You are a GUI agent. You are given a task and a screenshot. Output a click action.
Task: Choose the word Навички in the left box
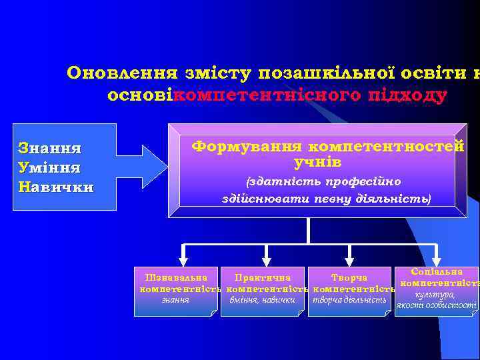tap(56, 186)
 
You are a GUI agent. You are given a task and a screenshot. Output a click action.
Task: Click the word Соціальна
tap(437, 272)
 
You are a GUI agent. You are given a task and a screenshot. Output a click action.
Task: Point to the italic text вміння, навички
tap(263, 300)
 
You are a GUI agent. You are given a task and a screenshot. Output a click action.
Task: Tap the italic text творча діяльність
tap(349, 300)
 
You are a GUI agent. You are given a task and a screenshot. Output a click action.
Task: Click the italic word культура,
tap(435, 294)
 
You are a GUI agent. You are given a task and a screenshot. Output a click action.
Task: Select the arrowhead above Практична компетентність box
tap(267, 256)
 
